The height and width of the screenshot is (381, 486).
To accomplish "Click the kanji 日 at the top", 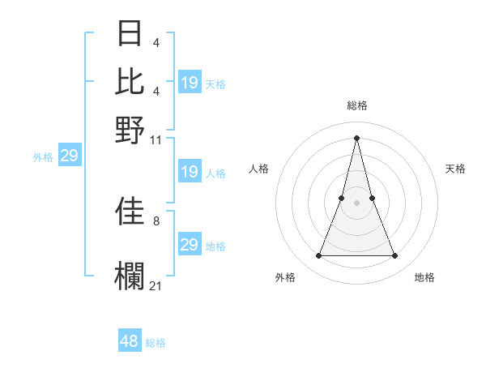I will [x=130, y=33].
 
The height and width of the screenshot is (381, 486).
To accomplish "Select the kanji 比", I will [x=130, y=81].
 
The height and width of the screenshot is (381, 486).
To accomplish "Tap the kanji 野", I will [x=130, y=129].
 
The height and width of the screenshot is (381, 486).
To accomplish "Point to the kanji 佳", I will [x=130, y=211].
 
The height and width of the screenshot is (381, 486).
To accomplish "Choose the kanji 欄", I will [x=130, y=276].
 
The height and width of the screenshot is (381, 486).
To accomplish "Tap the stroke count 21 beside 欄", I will [x=156, y=285].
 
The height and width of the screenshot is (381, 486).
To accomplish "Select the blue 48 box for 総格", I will [x=130, y=341].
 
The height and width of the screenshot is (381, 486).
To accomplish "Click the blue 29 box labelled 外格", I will [x=69, y=156].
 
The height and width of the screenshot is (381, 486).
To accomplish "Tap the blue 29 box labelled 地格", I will [x=189, y=245].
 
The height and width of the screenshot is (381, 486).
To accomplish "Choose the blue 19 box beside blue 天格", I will [x=189, y=83].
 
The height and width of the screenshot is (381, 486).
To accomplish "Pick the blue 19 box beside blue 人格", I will [x=189, y=172].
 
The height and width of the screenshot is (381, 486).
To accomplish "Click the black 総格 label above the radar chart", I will [x=357, y=105].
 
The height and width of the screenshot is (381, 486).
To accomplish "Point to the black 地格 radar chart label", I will [x=424, y=277].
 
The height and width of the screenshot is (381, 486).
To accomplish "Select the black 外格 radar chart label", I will [x=285, y=277].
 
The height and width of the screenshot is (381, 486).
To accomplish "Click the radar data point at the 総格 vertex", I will [x=357, y=137].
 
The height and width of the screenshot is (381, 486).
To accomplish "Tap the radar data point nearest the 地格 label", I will [x=395, y=256].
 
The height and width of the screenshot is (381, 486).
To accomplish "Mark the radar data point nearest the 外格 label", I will [x=318, y=256].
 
